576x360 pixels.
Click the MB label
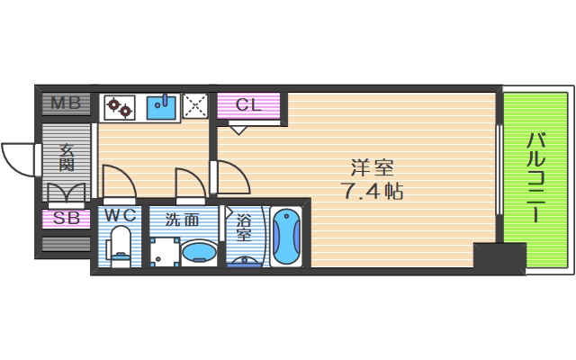coord(65,103)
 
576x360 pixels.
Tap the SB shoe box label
coord(65,218)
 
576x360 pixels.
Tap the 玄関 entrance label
coord(67,157)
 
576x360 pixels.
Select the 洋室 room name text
coord(372,168)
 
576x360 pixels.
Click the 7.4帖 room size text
coord(372,191)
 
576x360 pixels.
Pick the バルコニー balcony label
coord(537,177)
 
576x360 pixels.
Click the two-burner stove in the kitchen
coord(120,107)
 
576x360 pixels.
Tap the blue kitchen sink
coord(162,107)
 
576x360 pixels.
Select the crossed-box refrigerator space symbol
coord(195,106)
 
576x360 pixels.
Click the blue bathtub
coord(288,238)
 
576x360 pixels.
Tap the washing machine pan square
coord(164,252)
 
